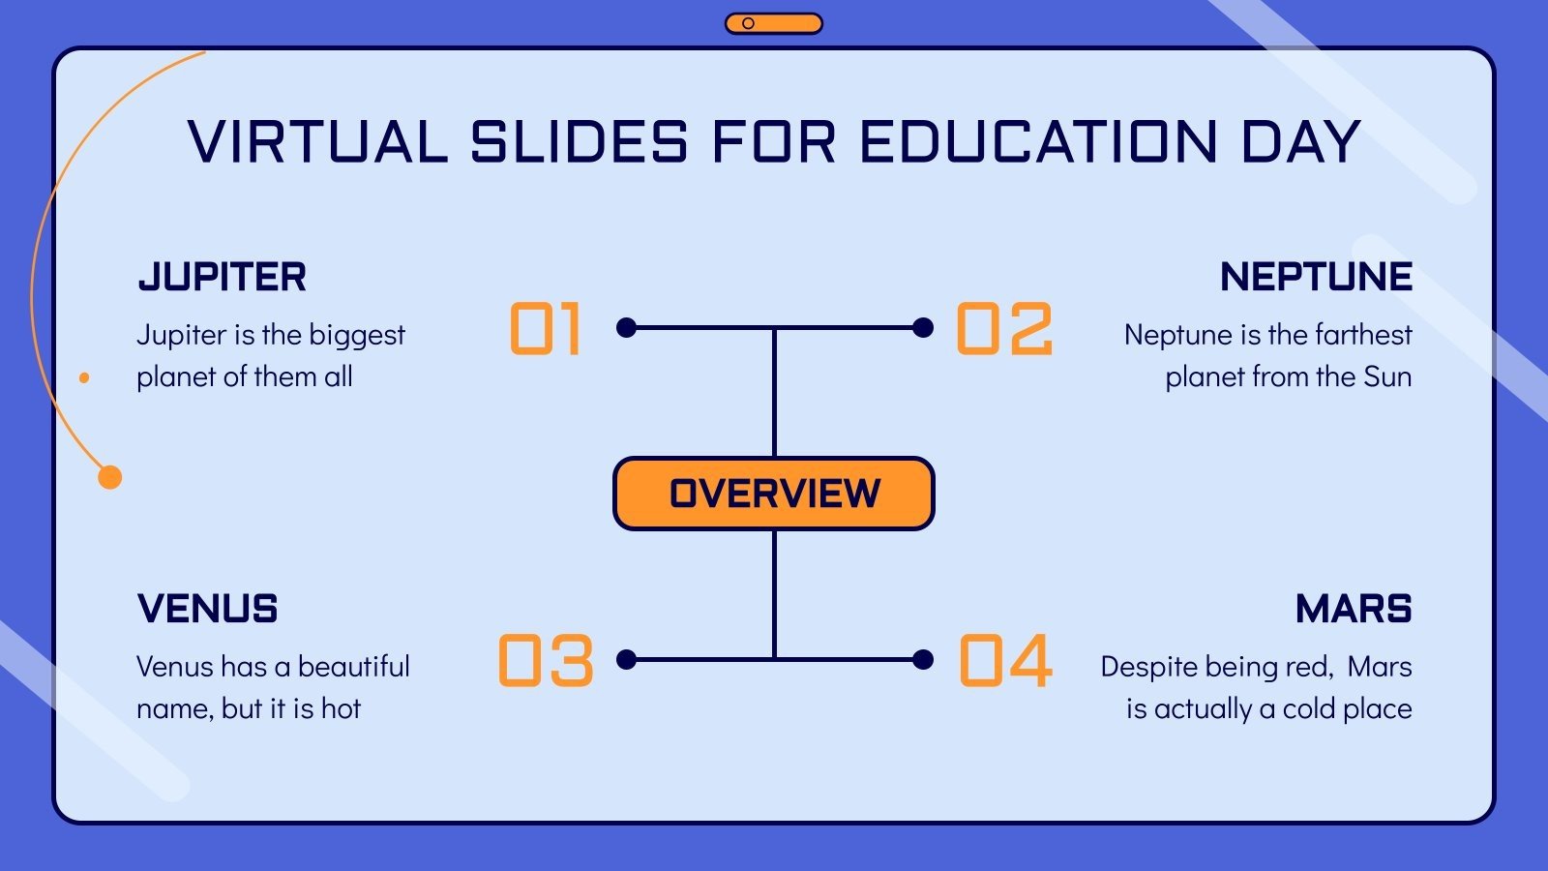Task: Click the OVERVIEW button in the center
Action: [x=774, y=494]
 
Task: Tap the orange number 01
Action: [x=546, y=329]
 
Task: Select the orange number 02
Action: [x=1004, y=329]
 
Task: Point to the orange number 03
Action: [x=546, y=661]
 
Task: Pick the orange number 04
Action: [x=1005, y=661]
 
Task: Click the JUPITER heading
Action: [x=223, y=278]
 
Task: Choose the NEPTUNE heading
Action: [x=1316, y=278]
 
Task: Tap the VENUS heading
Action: [x=208, y=610]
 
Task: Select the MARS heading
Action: [x=1354, y=610]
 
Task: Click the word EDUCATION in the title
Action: [x=1037, y=142]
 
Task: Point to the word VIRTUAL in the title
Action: [x=317, y=142]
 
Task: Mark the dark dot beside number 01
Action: [x=627, y=328]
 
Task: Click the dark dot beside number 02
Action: [x=923, y=328]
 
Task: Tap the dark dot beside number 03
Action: [x=627, y=660]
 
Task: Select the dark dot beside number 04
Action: [x=923, y=660]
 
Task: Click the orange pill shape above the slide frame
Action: [x=774, y=23]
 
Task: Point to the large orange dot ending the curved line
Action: [x=110, y=477]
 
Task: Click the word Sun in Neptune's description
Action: [x=1387, y=376]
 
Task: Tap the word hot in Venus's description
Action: [x=341, y=708]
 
